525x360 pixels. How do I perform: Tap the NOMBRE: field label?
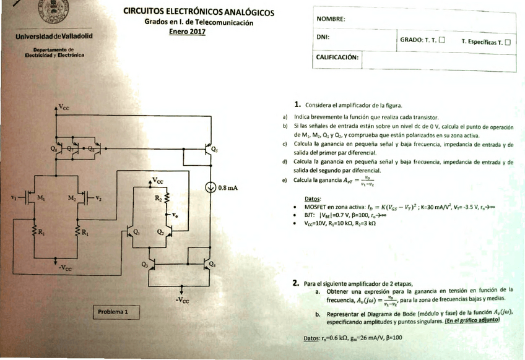[x=331, y=19]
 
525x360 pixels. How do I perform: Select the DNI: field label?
[x=322, y=37]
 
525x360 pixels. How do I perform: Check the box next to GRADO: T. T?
[x=441, y=41]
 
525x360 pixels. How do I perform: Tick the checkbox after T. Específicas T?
[x=508, y=42]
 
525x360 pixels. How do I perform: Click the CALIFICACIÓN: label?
[x=337, y=56]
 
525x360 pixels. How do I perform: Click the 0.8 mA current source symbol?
[x=210, y=188]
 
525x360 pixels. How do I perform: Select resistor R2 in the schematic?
[x=166, y=198]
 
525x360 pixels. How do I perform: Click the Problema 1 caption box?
[x=113, y=312]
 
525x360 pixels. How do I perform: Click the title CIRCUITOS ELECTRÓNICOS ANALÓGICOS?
[x=199, y=12]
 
